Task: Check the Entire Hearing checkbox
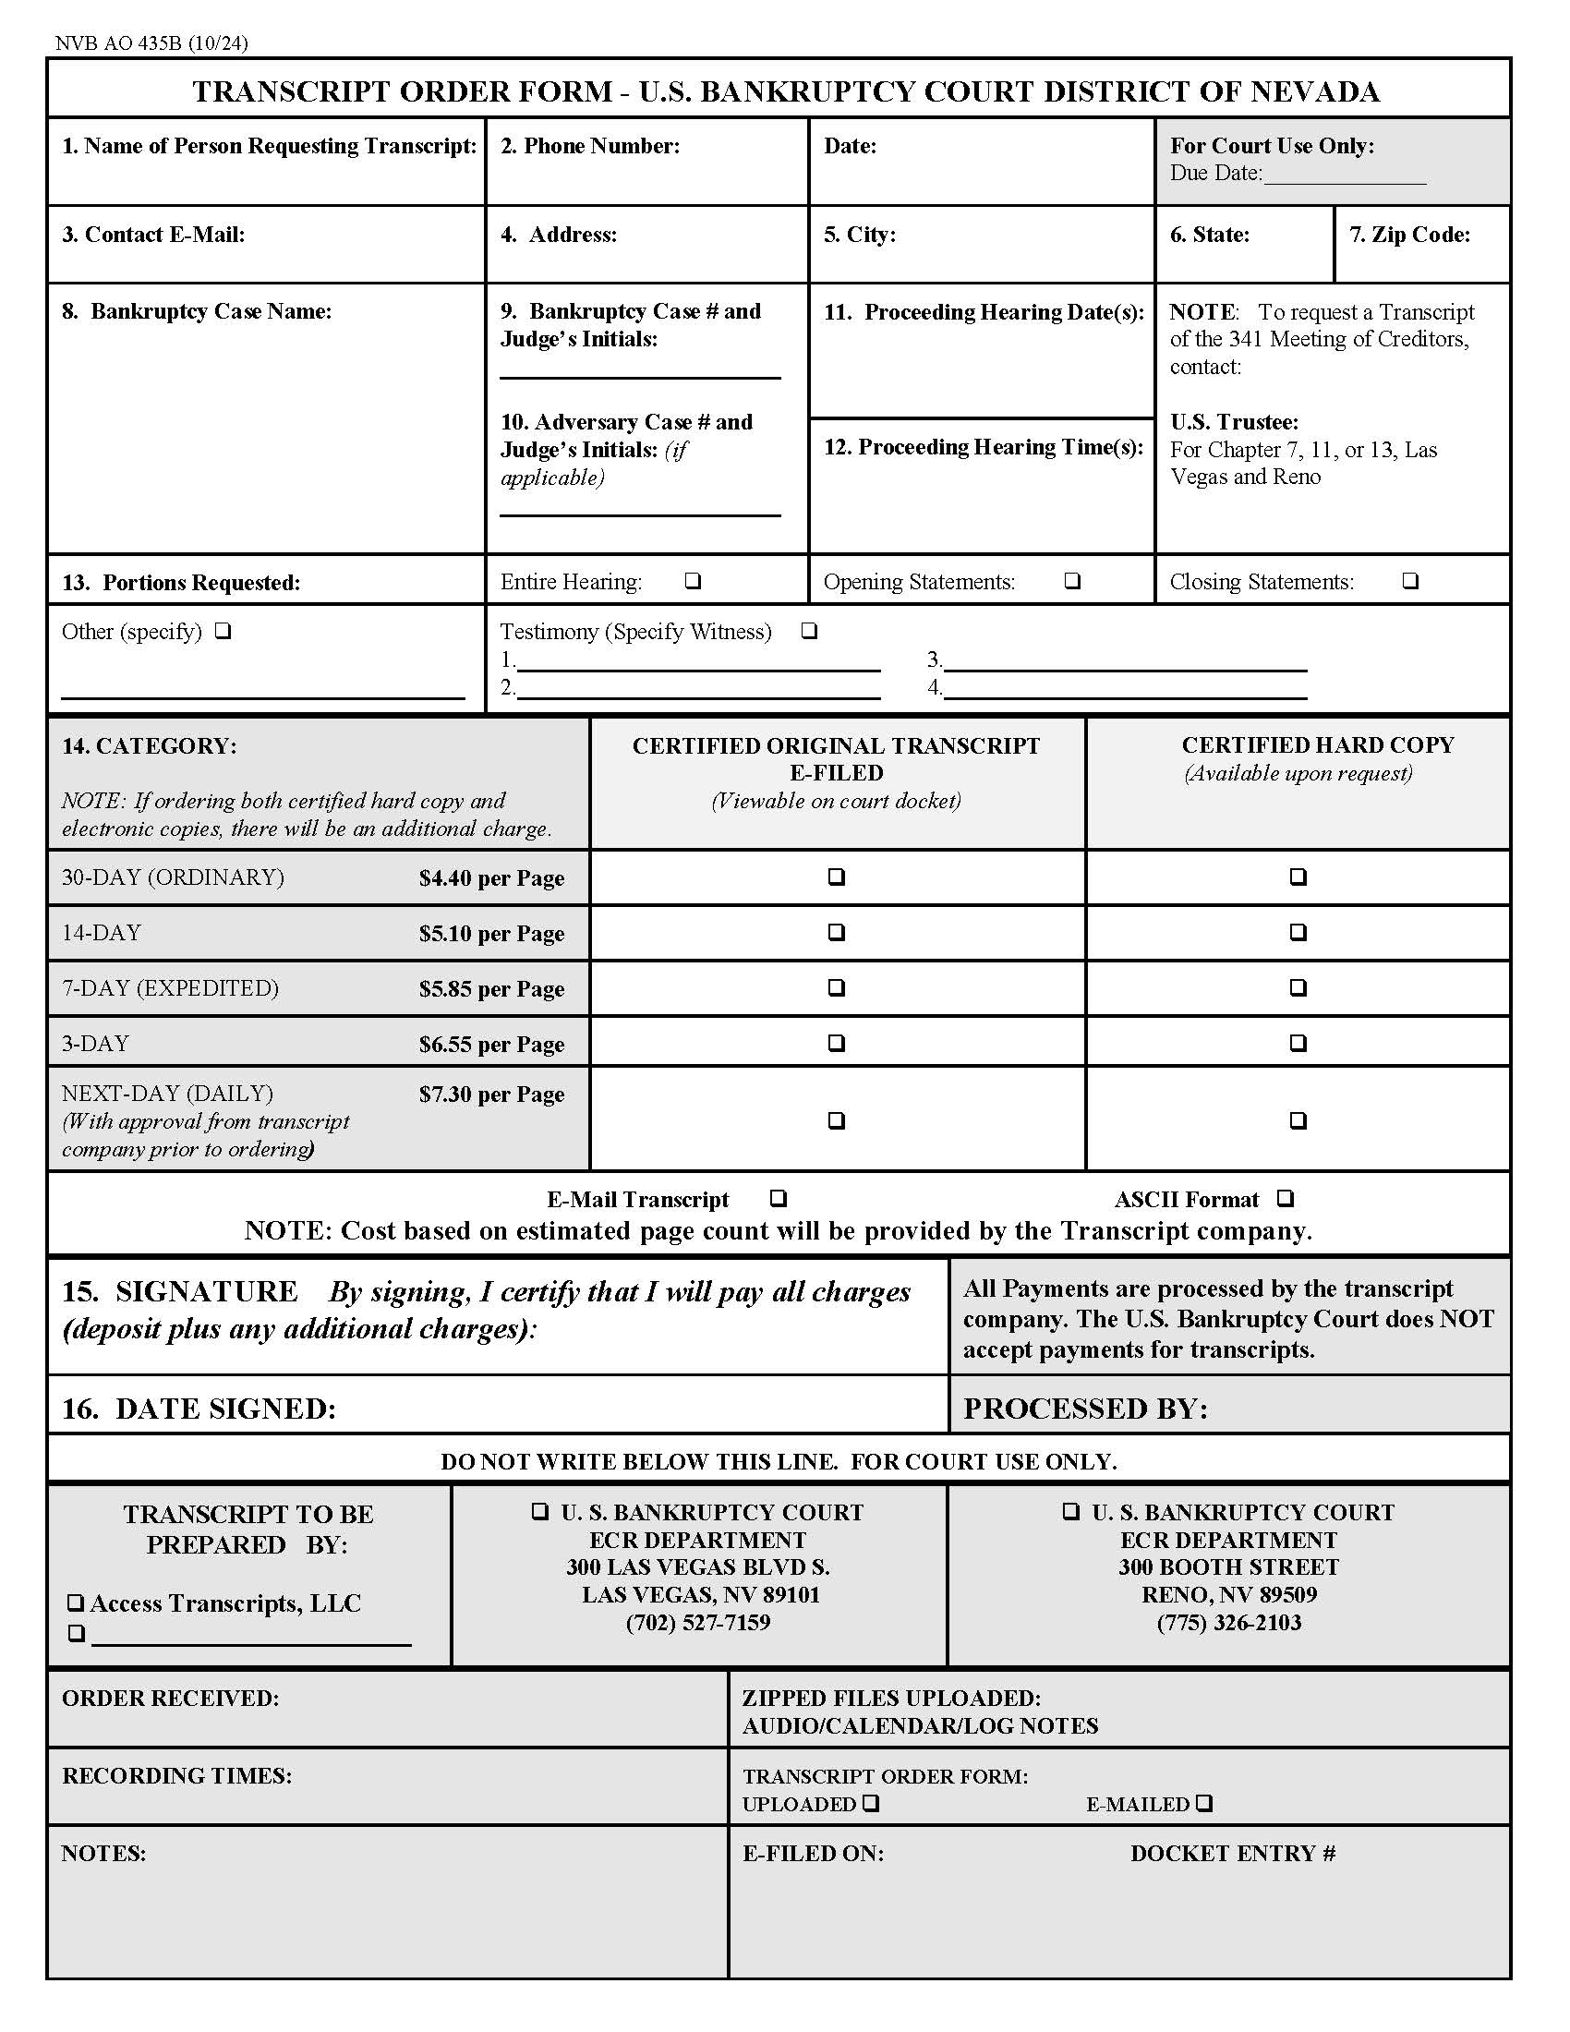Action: click(692, 581)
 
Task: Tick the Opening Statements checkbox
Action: click(1072, 581)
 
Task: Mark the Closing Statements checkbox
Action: click(1410, 581)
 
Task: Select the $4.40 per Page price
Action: click(491, 878)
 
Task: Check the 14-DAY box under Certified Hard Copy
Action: click(1298, 932)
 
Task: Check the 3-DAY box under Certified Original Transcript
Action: click(836, 1043)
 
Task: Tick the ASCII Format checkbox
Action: click(1285, 1198)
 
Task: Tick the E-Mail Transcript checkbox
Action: click(779, 1198)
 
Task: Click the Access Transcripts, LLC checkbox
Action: click(76, 1603)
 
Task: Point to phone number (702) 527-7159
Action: click(697, 1623)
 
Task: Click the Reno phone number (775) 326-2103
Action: click(1228, 1623)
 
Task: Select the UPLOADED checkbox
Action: click(870, 1803)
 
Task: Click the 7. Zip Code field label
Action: click(1409, 235)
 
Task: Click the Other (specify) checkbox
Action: click(223, 632)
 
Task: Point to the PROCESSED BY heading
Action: click(1085, 1409)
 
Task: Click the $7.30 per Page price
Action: click(491, 1095)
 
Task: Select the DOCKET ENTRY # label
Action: click(1232, 1854)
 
